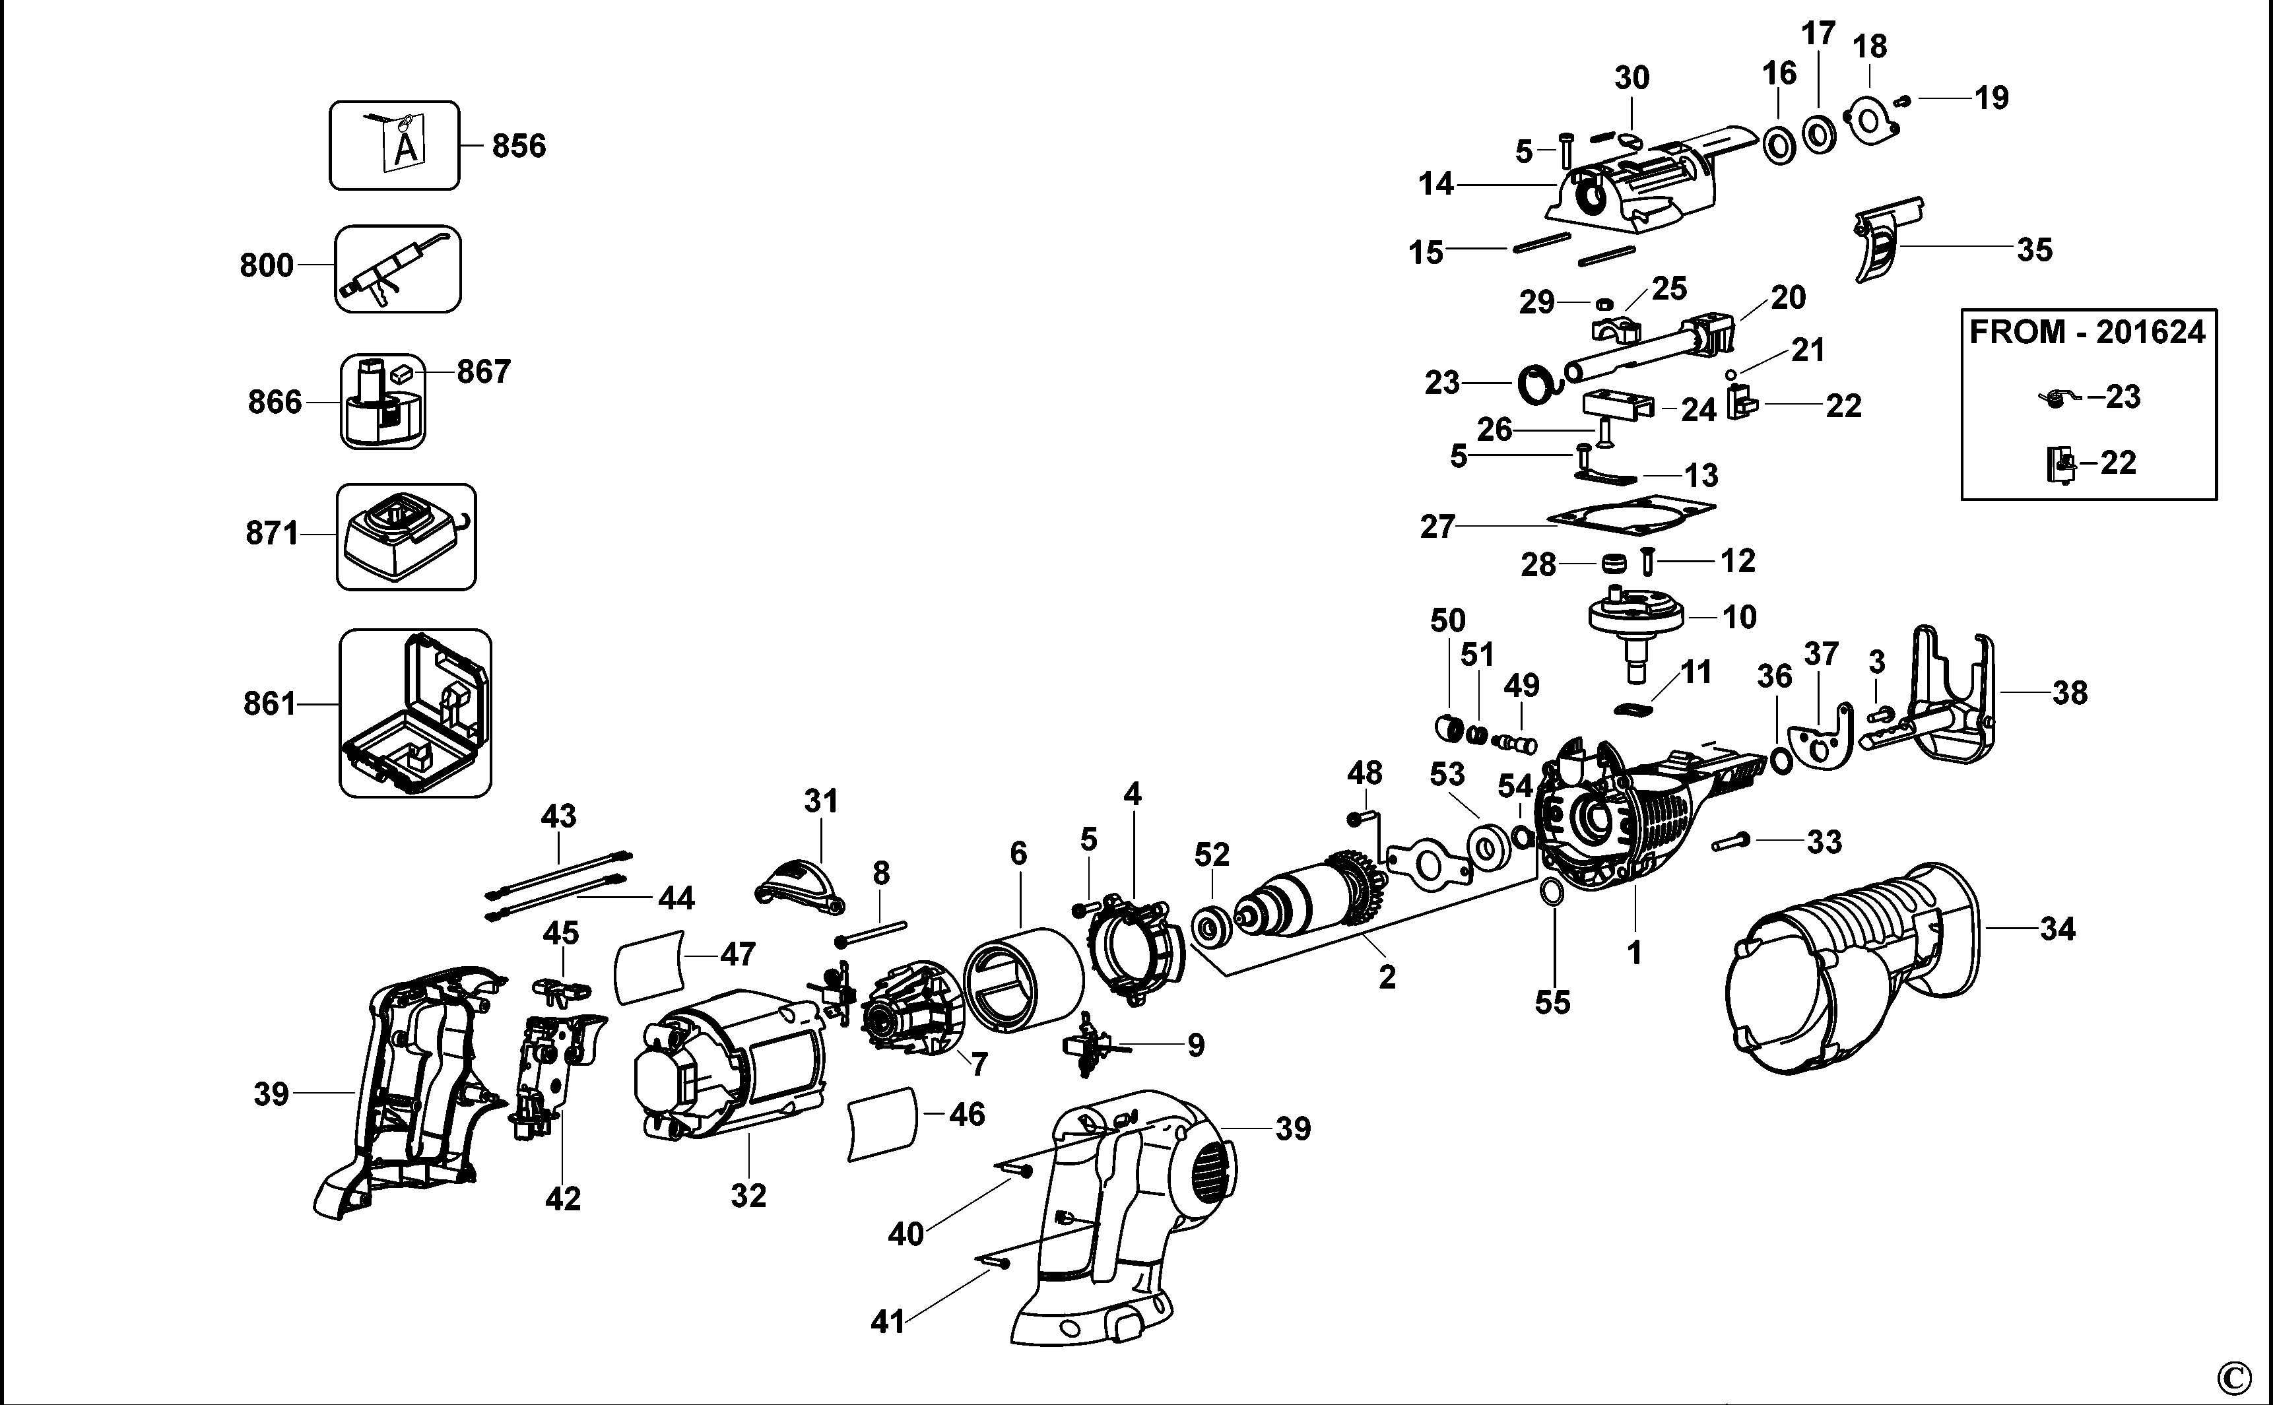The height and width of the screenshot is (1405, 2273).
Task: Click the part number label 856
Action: click(x=519, y=146)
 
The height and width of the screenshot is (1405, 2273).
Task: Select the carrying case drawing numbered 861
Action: click(x=414, y=713)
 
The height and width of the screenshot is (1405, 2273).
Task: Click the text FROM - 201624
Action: click(x=2087, y=332)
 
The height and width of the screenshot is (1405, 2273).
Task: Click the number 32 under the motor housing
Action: click(x=748, y=1196)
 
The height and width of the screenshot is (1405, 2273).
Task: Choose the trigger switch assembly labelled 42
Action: click(x=553, y=1068)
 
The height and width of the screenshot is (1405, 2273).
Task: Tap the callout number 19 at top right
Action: click(x=1991, y=98)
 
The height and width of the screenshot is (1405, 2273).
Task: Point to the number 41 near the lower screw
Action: click(x=888, y=1321)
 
